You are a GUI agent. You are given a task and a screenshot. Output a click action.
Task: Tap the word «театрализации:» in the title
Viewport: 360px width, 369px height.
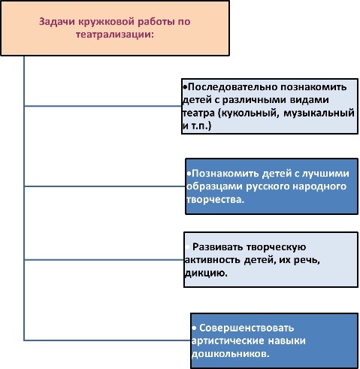point(114,35)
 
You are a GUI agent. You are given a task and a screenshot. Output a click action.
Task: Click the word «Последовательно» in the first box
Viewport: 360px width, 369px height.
point(232,87)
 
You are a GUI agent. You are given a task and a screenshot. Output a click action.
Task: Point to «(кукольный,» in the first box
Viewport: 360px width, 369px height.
point(248,113)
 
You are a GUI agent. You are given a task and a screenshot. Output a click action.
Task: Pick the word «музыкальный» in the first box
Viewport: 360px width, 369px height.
point(319,113)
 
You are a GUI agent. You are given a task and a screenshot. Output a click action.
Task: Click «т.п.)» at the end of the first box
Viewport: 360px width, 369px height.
point(201,126)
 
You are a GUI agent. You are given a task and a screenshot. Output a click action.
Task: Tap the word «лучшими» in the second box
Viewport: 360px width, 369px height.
point(325,174)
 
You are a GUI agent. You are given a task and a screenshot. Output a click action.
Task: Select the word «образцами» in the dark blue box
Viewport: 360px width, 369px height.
point(214,186)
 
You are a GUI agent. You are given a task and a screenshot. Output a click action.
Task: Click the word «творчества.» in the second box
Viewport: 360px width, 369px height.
point(215,200)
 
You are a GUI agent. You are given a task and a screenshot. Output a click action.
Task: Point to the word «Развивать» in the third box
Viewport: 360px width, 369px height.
point(218,247)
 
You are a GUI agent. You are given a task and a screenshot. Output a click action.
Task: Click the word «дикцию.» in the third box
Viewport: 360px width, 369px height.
point(206,273)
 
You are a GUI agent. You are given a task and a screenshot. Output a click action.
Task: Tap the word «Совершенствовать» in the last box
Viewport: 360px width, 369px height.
point(247,328)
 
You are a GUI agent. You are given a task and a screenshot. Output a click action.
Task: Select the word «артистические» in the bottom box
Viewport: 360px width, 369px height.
point(228,340)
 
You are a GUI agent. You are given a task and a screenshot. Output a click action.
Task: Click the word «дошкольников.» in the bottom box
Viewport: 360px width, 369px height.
point(230,354)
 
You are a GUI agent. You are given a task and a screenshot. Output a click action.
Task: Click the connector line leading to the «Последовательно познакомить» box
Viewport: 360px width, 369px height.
point(103,106)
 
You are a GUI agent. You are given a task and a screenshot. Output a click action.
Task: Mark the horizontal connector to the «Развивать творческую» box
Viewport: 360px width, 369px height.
point(104,260)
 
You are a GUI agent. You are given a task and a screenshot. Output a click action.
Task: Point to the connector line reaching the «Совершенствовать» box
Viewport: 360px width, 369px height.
point(107,340)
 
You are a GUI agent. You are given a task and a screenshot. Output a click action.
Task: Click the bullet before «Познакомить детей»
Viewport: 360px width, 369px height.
point(189,174)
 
